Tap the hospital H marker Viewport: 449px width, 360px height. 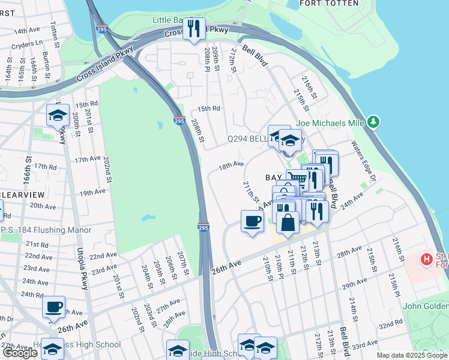[x=426, y=259]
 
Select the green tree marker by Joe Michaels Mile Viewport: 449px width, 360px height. [x=373, y=122]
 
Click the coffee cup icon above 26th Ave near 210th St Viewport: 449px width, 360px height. [x=252, y=221]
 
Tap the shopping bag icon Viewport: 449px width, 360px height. [x=288, y=221]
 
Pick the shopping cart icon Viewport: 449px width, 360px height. [x=296, y=178]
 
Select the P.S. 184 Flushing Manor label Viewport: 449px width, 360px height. [x=47, y=230]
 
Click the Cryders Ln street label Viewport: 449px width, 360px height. [x=31, y=43]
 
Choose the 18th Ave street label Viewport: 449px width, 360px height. [x=231, y=164]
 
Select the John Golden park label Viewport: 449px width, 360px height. [x=426, y=306]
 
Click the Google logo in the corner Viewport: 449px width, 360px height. [x=20, y=353]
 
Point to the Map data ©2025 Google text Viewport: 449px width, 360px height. [x=411, y=355]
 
